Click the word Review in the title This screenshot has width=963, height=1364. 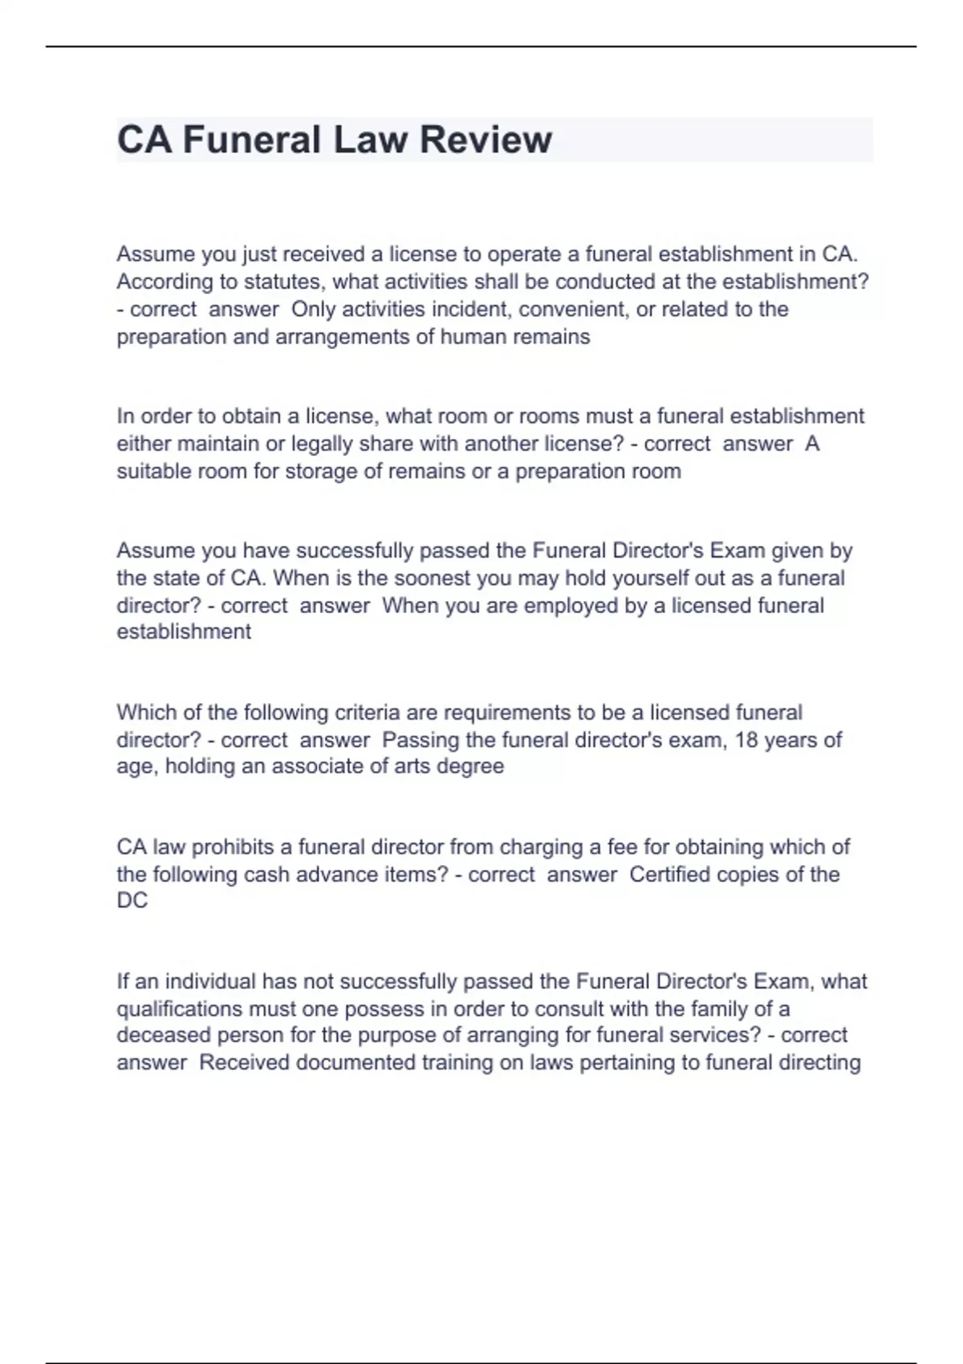click(486, 140)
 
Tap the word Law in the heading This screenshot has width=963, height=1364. click(371, 140)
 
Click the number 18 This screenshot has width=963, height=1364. click(746, 740)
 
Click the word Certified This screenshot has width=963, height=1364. click(669, 874)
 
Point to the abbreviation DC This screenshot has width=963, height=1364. click(132, 901)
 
